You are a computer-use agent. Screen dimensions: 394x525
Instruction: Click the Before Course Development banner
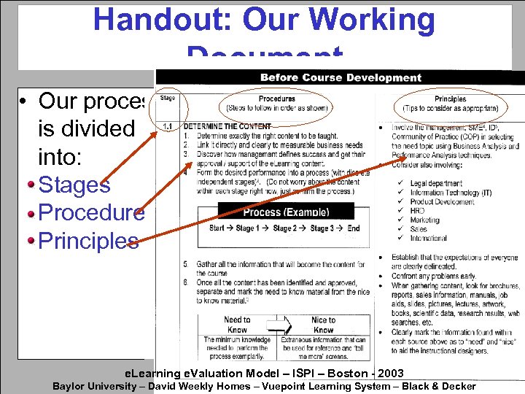coord(341,77)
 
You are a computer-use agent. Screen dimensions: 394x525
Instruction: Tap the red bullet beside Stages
coord(31,185)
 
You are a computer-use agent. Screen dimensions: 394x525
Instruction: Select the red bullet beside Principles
coord(31,241)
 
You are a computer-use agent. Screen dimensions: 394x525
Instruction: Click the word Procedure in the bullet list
coord(91,212)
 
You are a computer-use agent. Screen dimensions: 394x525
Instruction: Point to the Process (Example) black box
coord(286,212)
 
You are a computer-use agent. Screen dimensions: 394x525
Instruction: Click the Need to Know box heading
coord(237,325)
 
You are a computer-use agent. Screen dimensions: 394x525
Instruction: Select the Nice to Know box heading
coord(323,325)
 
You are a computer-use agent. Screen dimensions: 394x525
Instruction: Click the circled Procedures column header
coord(277,104)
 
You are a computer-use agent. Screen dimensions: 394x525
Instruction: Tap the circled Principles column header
coord(450,104)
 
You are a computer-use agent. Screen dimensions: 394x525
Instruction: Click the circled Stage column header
coord(167,98)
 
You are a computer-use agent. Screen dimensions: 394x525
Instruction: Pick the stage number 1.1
coord(167,126)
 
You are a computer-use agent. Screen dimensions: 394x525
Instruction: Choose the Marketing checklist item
coord(425,220)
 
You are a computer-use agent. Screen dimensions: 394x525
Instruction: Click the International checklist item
coord(429,239)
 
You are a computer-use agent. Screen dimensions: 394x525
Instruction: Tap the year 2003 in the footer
coord(389,374)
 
